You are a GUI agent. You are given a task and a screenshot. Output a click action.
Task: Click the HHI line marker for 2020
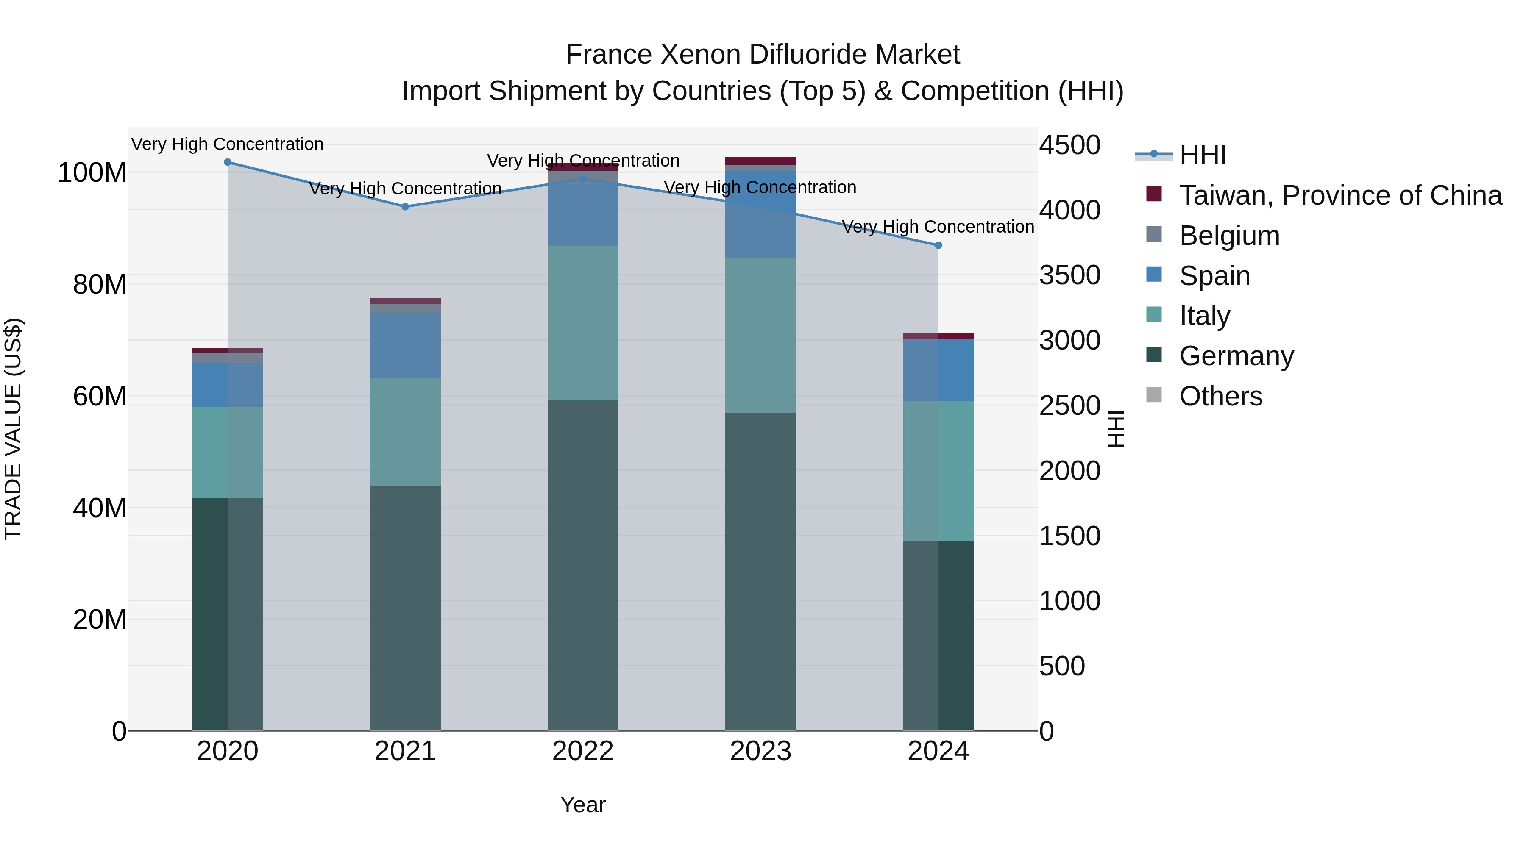click(x=228, y=162)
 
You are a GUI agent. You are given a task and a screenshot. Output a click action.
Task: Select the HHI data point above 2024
click(x=938, y=245)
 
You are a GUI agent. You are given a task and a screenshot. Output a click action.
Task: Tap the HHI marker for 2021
click(x=405, y=207)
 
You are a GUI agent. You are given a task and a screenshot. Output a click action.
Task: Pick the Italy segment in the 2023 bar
click(x=760, y=335)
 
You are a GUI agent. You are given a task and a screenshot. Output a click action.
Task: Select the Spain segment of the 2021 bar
click(x=405, y=345)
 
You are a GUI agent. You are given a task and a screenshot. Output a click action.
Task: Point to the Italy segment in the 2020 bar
click(x=228, y=452)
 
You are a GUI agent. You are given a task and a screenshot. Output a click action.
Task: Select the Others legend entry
click(x=1220, y=396)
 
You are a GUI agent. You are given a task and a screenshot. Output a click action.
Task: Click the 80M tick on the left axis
click(x=99, y=285)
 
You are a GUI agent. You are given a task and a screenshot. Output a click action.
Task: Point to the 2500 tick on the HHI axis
click(x=1069, y=405)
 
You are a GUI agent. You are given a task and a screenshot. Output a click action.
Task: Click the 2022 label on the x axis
click(x=583, y=751)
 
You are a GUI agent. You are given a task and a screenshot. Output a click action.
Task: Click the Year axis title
click(x=583, y=805)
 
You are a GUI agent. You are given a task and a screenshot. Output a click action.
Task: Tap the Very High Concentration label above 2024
click(x=938, y=227)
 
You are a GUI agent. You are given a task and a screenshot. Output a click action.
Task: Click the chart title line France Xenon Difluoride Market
click(x=763, y=55)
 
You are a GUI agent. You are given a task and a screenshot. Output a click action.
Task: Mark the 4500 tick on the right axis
click(x=1069, y=145)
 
